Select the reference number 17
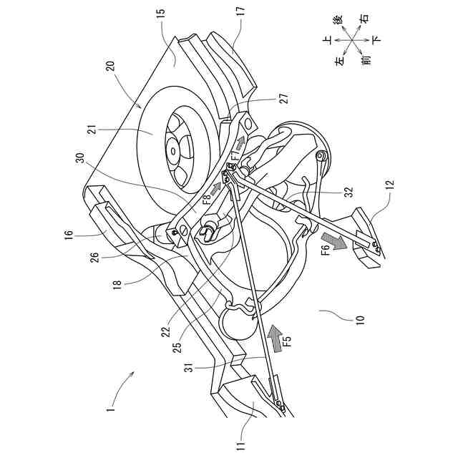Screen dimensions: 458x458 point(240,12)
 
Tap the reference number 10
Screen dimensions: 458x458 point(357,319)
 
